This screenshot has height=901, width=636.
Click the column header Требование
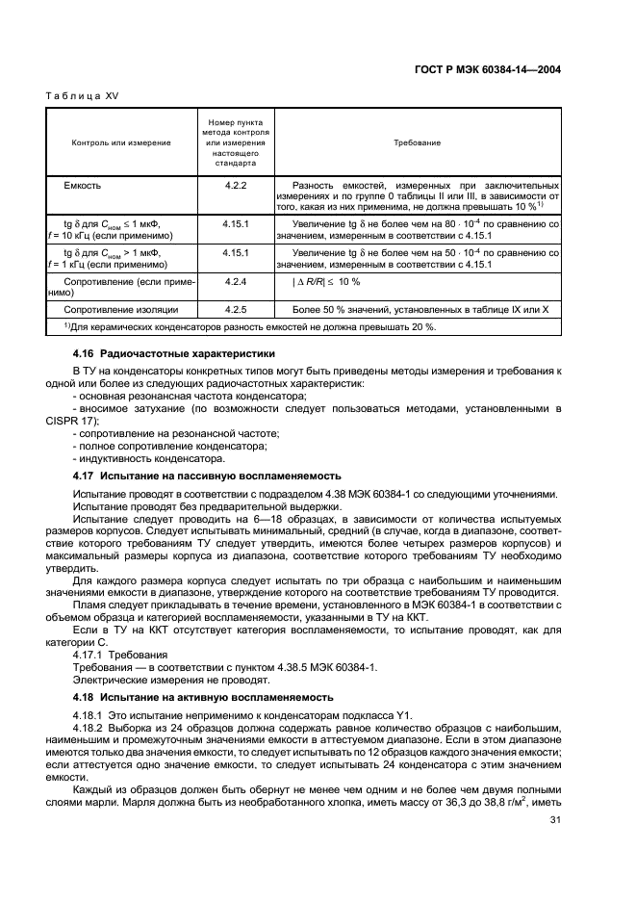click(x=417, y=142)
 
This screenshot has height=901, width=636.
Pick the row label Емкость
click(x=83, y=183)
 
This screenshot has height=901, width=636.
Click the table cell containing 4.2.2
click(x=236, y=183)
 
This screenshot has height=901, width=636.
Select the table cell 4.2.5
click(x=236, y=310)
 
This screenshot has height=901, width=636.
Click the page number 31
click(x=554, y=819)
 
